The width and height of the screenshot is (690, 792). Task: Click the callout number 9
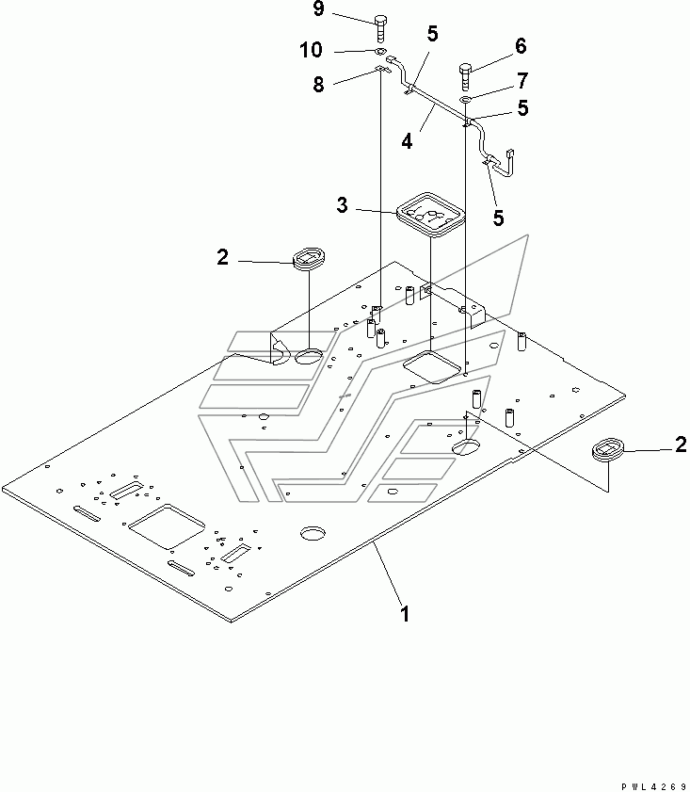318,8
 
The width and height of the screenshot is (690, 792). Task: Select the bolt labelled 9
380,29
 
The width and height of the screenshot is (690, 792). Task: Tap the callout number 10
311,50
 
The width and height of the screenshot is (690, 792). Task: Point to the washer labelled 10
381,51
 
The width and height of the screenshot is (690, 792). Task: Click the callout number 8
318,84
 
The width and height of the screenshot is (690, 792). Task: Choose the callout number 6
521,46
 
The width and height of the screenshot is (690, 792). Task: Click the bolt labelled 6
465,77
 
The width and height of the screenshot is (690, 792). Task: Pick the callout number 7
522,80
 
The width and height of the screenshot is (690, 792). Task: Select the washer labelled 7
465,100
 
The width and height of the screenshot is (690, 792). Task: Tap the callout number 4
407,141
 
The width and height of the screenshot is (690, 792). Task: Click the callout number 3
343,204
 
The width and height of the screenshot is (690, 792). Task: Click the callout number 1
405,614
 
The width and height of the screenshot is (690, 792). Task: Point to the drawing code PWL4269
654,786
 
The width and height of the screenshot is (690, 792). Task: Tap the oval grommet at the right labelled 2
608,449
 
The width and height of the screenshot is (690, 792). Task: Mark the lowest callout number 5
498,218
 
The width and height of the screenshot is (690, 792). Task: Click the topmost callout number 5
433,34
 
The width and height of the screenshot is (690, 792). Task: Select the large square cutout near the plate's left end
167,525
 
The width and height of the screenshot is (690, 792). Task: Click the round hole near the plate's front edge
313,532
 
